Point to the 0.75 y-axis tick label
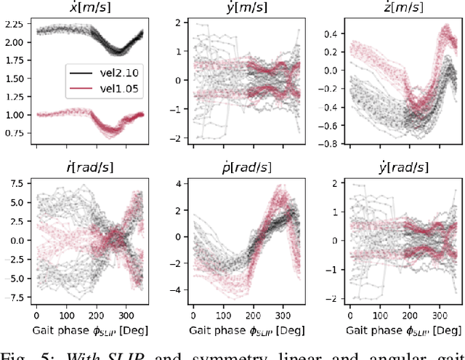(x=15, y=132)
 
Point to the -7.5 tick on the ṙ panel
(x=16, y=297)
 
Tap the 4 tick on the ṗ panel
(x=180, y=182)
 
